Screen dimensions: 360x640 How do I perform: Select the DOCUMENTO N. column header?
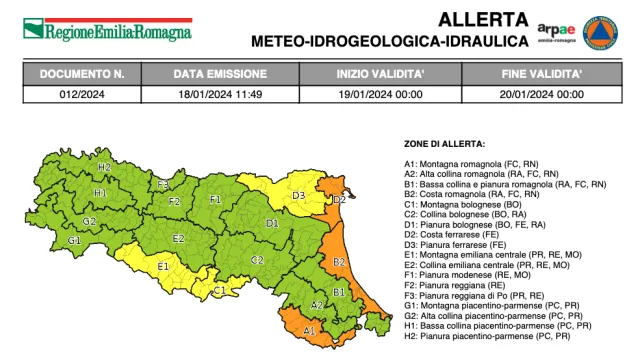point(82,75)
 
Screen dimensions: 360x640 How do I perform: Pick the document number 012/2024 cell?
point(82,94)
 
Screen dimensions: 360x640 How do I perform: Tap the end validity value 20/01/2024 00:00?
point(542,94)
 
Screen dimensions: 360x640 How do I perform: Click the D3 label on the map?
point(298,196)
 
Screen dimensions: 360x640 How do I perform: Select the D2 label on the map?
point(339,200)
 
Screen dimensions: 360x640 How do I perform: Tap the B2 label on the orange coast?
point(339,262)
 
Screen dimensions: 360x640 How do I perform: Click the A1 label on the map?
point(309,329)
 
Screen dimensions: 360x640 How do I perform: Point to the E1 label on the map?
point(163,266)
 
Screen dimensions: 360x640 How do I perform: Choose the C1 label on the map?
point(220,290)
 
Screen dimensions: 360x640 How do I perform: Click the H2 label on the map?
point(104,167)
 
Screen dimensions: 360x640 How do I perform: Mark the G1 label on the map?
point(74,241)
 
